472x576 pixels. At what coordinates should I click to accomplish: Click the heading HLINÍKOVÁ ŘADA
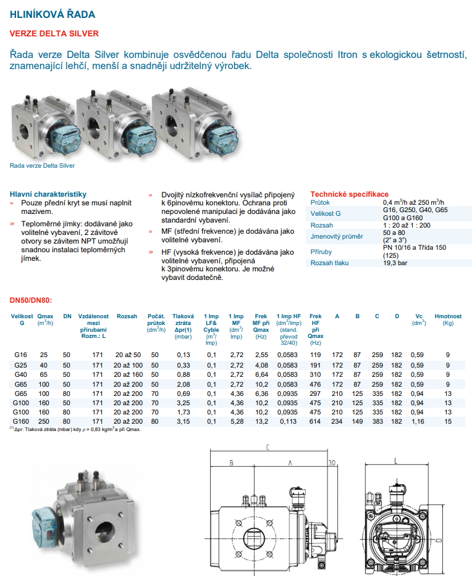pyautogui.click(x=53, y=14)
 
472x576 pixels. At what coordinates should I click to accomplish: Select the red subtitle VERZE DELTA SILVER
pyautogui.click(x=54, y=33)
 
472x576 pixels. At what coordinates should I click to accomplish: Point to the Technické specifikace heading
pyautogui.click(x=349, y=194)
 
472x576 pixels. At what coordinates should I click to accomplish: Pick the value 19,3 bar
pyautogui.click(x=395, y=263)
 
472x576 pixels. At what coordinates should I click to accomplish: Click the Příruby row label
pyautogui.click(x=321, y=252)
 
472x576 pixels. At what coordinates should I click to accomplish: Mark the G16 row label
pyautogui.click(x=20, y=355)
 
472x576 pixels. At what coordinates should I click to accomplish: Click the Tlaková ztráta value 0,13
pyautogui.click(x=183, y=355)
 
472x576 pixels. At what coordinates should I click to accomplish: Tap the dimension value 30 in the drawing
pyautogui.click(x=331, y=463)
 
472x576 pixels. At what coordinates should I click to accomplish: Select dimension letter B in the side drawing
pyautogui.click(x=230, y=462)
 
